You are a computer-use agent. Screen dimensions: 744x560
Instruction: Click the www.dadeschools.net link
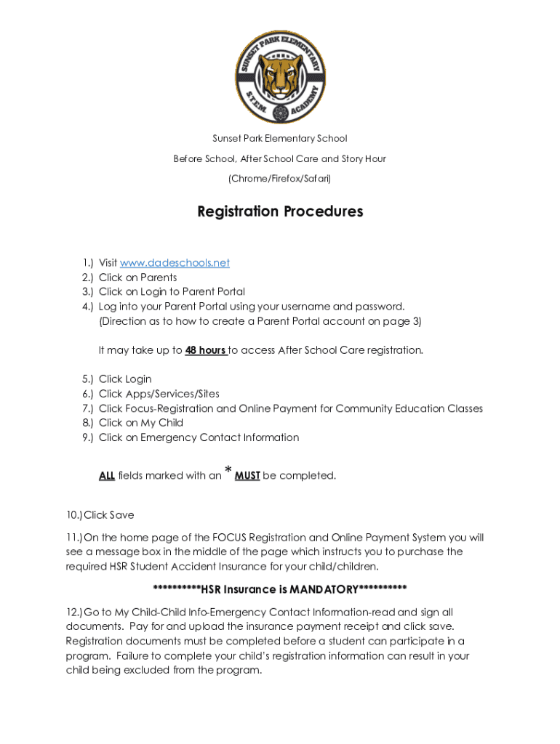click(175, 263)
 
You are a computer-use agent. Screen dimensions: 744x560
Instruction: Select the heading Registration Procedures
click(280, 211)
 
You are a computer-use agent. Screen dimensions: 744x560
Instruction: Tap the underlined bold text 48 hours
click(206, 350)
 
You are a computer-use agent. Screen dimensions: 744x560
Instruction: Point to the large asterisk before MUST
click(228, 472)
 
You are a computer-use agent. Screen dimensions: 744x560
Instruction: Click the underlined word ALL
click(107, 476)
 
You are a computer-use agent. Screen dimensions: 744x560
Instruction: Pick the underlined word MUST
click(247, 476)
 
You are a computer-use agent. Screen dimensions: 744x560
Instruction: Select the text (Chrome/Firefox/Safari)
click(280, 178)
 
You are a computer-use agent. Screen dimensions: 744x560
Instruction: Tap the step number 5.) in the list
click(87, 379)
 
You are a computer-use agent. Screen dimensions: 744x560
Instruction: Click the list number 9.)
click(87, 437)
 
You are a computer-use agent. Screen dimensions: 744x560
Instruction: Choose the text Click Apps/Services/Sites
click(159, 394)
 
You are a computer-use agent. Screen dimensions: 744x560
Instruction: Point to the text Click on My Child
click(141, 423)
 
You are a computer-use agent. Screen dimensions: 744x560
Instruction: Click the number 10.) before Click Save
click(73, 515)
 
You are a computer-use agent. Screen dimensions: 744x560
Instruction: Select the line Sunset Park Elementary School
click(280, 138)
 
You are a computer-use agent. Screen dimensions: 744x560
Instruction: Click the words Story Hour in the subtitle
click(364, 158)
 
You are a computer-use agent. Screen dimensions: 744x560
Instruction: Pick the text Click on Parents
click(137, 278)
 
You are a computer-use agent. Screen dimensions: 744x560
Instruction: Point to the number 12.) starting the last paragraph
click(73, 612)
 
